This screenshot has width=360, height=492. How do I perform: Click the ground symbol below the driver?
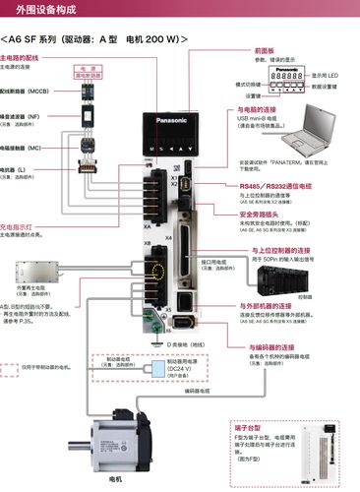coord(156,341)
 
